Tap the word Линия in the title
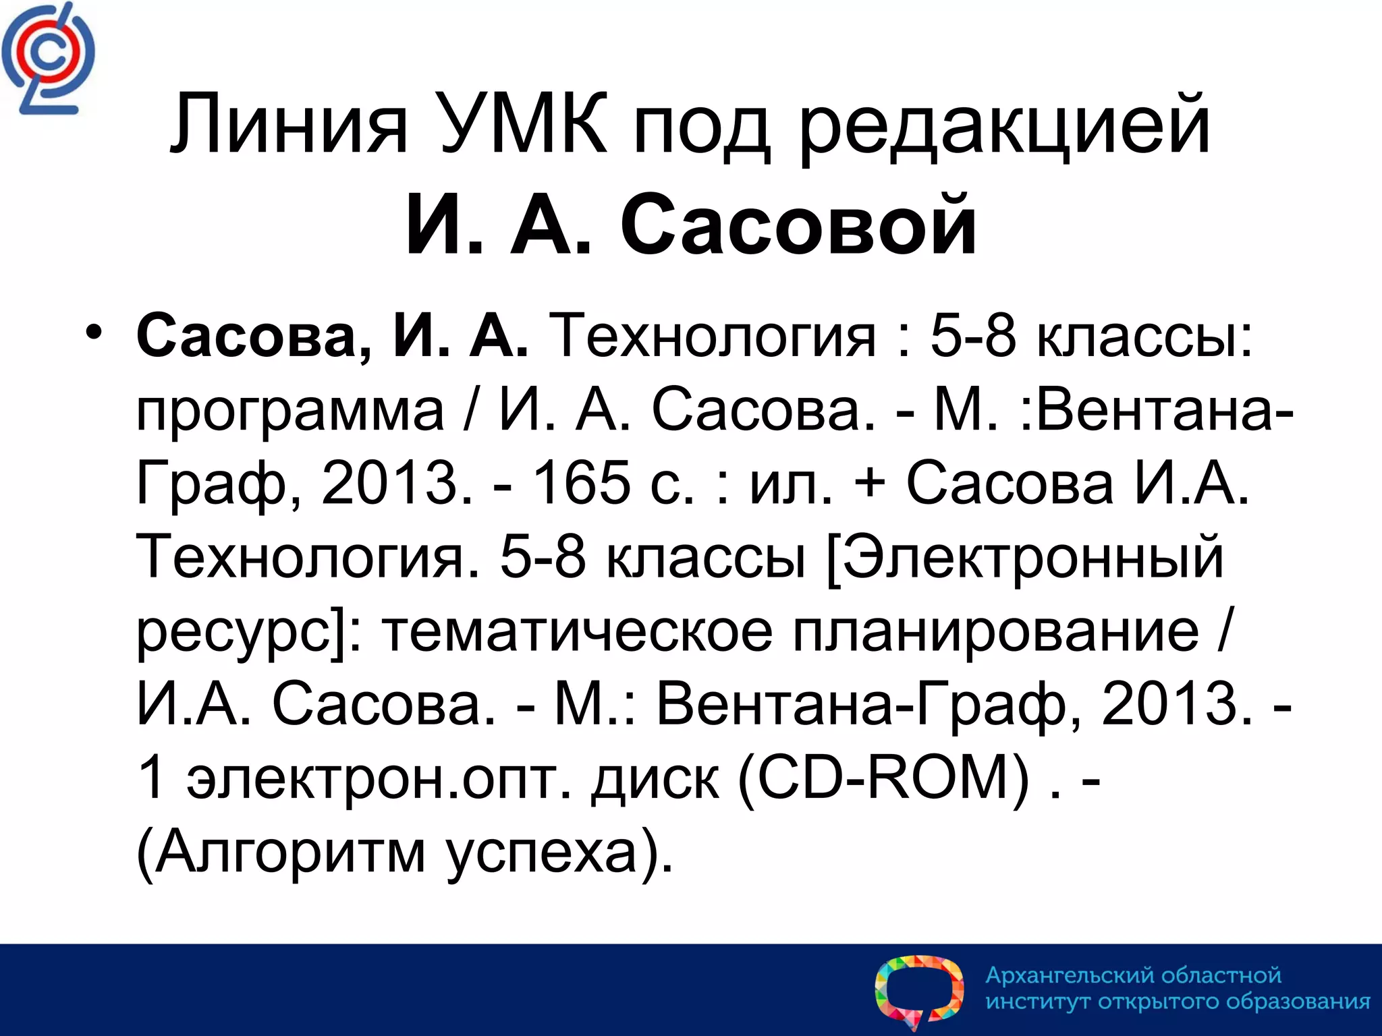289,125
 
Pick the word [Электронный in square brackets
1025,557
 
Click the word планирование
996,633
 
